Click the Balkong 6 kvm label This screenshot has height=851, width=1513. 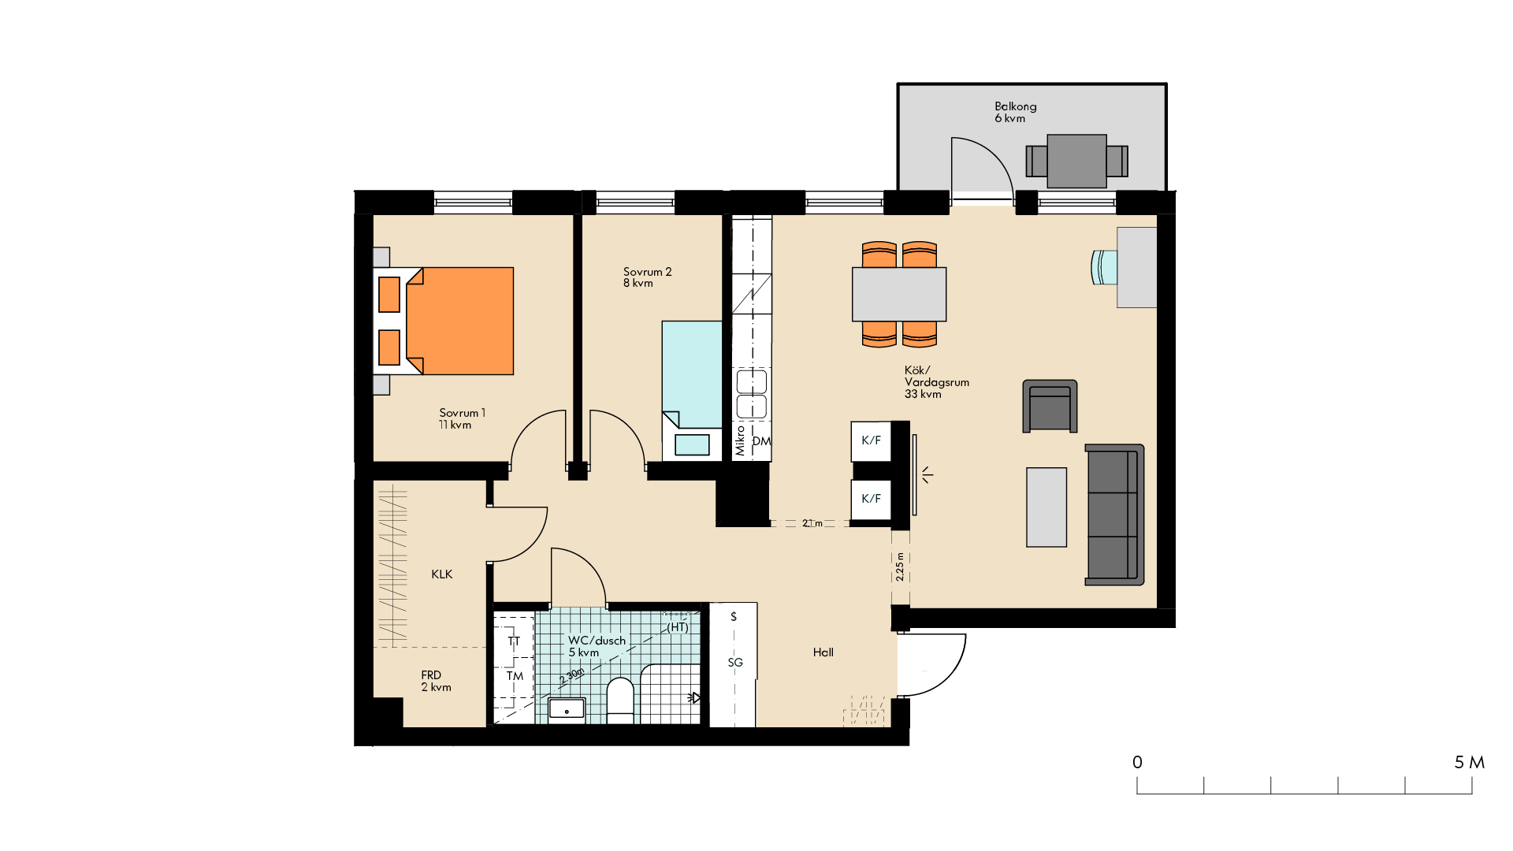click(1015, 112)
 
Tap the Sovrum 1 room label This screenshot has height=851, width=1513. click(462, 418)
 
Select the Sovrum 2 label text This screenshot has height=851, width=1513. click(647, 277)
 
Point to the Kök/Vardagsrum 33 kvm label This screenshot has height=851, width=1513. click(936, 382)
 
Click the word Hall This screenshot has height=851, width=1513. click(823, 652)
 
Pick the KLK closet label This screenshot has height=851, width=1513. click(442, 574)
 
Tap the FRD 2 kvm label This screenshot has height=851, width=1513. click(436, 681)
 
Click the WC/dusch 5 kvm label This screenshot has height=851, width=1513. click(597, 646)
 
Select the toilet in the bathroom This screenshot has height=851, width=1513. click(620, 700)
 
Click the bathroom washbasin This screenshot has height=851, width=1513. click(567, 709)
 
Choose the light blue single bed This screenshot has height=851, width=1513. click(692, 390)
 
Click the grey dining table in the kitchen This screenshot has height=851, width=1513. click(899, 295)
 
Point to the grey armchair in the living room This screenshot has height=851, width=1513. click(1050, 407)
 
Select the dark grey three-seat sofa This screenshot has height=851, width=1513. click(1114, 515)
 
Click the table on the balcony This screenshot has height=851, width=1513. click(1076, 161)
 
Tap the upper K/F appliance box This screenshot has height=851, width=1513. click(871, 441)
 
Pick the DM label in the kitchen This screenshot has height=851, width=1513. click(761, 441)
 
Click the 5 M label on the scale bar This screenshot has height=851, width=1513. click(1469, 763)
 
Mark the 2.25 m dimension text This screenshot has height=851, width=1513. click(900, 567)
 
